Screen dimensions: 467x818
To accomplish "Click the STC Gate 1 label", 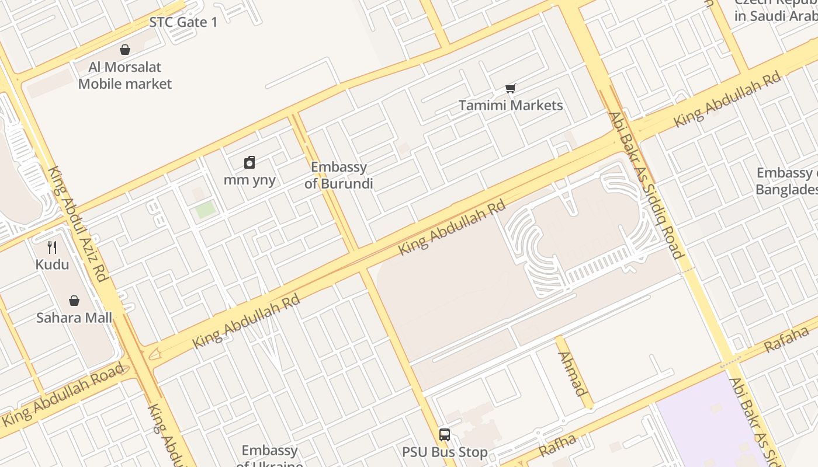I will pyautogui.click(x=183, y=22).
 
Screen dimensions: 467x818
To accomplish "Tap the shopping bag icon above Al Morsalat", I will pyautogui.click(x=125, y=50).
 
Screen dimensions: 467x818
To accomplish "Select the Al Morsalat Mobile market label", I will pyautogui.click(x=125, y=75).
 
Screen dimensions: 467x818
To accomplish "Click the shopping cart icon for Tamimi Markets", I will pyautogui.click(x=511, y=88).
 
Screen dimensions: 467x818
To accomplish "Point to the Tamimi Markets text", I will pyautogui.click(x=511, y=105).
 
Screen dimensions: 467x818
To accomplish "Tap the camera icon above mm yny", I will pyautogui.click(x=249, y=162).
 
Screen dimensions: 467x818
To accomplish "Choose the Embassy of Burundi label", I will pyautogui.click(x=339, y=175).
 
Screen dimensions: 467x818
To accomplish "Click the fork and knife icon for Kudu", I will pyautogui.click(x=52, y=248).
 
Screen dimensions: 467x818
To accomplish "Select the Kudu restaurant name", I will pyautogui.click(x=52, y=264).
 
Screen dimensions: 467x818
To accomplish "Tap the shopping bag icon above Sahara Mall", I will pyautogui.click(x=74, y=301).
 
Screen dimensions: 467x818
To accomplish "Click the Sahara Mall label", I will pyautogui.click(x=74, y=318).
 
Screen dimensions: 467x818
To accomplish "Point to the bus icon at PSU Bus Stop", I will pyautogui.click(x=445, y=435).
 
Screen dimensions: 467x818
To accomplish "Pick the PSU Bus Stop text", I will pyautogui.click(x=445, y=452).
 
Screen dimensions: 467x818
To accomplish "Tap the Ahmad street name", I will pyautogui.click(x=572, y=374).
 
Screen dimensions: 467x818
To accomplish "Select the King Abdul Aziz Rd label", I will pyautogui.click(x=78, y=224).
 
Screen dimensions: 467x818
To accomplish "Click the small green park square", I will pyautogui.click(x=205, y=209).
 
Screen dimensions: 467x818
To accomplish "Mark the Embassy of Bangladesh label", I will pyautogui.click(x=786, y=181).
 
